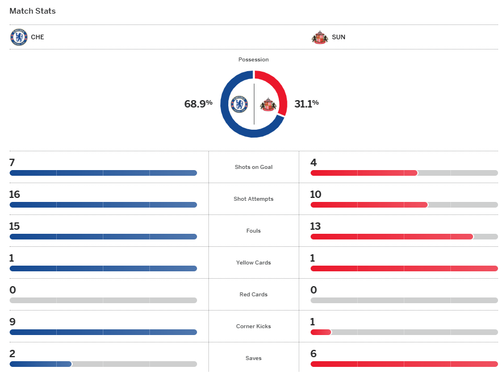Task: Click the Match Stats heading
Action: [32, 11]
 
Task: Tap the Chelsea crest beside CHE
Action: [19, 38]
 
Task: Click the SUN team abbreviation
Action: [338, 38]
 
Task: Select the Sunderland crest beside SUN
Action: [320, 38]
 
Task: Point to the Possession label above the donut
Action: [253, 60]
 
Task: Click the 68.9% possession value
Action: [198, 104]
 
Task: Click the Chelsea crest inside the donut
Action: [239, 104]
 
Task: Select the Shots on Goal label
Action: [253, 167]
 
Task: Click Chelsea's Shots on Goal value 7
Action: [12, 163]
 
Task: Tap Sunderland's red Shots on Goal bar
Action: [363, 173]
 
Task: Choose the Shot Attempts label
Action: [253, 199]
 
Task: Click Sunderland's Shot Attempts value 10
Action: [316, 195]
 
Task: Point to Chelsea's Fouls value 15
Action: [15, 226]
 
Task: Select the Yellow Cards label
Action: [253, 263]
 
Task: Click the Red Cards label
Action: [253, 295]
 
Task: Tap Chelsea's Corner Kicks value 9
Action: [12, 322]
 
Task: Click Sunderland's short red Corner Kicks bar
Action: [321, 332]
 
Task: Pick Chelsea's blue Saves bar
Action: [40, 364]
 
